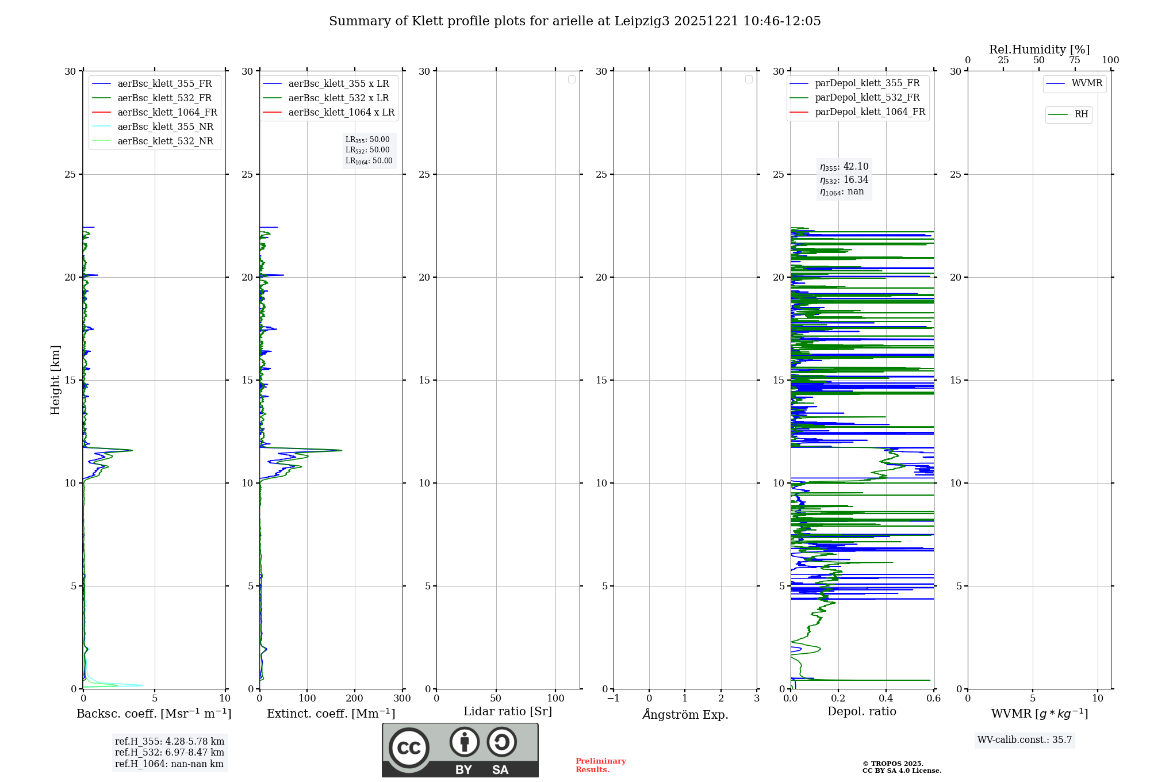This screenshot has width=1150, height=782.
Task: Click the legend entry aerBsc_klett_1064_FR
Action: pyautogui.click(x=167, y=112)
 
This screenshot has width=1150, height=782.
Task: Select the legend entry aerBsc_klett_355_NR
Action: pyautogui.click(x=165, y=126)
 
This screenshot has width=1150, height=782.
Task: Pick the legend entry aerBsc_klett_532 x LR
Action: pyautogui.click(x=338, y=98)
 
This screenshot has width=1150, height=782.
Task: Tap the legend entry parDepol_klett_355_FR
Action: pyautogui.click(x=867, y=83)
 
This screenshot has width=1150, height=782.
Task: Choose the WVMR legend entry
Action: pyautogui.click(x=1087, y=83)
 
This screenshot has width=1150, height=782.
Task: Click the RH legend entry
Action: pyautogui.click(x=1081, y=114)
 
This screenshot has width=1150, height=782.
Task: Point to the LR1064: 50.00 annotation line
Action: pyautogui.click(x=369, y=161)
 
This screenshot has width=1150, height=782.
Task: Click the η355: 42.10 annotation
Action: pyautogui.click(x=844, y=167)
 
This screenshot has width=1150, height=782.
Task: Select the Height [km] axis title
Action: pyautogui.click(x=55, y=380)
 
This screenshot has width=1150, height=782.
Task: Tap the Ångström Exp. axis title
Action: pyautogui.click(x=685, y=714)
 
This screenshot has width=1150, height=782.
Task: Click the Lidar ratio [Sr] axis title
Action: pyautogui.click(x=508, y=711)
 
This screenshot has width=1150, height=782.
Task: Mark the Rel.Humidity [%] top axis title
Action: pyautogui.click(x=1039, y=49)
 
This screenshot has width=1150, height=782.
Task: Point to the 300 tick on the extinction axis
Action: pyautogui.click(x=402, y=699)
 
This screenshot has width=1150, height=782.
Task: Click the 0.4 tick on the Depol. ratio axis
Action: pyautogui.click(x=886, y=699)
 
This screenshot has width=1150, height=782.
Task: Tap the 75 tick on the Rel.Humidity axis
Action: pyautogui.click(x=1075, y=60)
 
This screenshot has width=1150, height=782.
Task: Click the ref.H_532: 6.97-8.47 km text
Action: pyautogui.click(x=170, y=752)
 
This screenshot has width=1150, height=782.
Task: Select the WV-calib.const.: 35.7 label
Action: pyautogui.click(x=1025, y=739)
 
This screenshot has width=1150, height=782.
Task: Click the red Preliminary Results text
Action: pyautogui.click(x=600, y=765)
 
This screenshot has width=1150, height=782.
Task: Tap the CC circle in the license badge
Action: pyautogui.click(x=409, y=748)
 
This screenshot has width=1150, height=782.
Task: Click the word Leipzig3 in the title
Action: pyautogui.click(x=642, y=21)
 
